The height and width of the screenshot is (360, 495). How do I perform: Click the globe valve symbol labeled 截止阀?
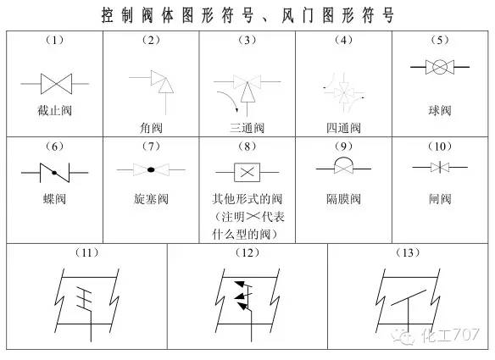pos(53,83)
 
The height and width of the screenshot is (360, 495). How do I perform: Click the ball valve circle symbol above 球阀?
pos(440,64)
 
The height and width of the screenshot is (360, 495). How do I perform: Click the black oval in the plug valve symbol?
pos(151,170)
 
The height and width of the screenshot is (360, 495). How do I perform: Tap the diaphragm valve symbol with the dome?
pos(343,168)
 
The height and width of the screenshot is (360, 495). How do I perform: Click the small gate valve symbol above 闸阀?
pos(439,169)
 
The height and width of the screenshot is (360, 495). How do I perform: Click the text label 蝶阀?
pos(54,200)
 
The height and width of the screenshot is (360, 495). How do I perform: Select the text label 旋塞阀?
pos(151,200)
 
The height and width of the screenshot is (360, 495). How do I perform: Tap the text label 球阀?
pos(440,110)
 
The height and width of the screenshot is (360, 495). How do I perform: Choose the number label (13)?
pos(408,252)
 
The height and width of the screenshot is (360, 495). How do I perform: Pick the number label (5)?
pos(440,39)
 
